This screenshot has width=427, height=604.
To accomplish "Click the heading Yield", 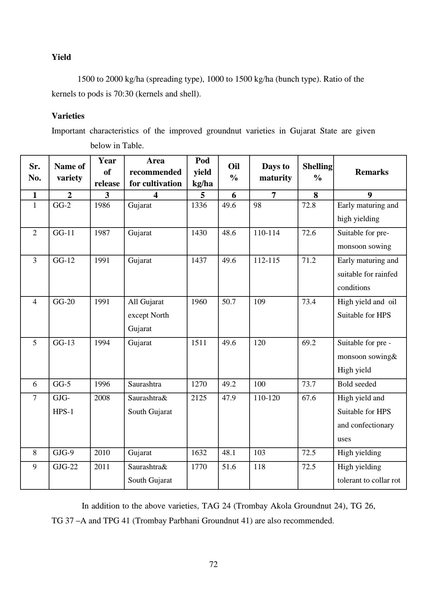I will point(61,57).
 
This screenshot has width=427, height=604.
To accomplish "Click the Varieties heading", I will point(68,116).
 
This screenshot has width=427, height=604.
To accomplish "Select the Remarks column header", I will point(371,172).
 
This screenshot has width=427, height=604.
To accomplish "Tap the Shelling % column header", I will point(317,172).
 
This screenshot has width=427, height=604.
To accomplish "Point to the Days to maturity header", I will point(275,172).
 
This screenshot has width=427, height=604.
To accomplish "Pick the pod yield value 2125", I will point(199,398).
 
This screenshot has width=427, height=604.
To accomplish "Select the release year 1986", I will point(102,205).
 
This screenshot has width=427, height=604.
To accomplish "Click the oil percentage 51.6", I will point(229,467).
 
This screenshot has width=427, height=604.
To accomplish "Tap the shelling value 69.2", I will point(308,343).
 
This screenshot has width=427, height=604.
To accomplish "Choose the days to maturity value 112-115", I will point(266,260).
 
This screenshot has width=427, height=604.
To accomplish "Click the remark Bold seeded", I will point(356,384).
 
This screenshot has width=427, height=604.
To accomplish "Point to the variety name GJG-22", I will point(65,467).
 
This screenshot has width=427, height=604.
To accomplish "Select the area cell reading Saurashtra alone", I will point(144,384).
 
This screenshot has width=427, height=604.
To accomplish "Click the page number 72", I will point(213,564).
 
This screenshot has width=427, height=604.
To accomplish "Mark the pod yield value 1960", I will point(199,302).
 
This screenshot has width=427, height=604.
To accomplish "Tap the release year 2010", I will point(102,453).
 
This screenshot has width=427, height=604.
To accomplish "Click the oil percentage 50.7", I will point(229,302).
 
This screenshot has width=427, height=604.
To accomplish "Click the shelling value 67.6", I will point(308,398).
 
